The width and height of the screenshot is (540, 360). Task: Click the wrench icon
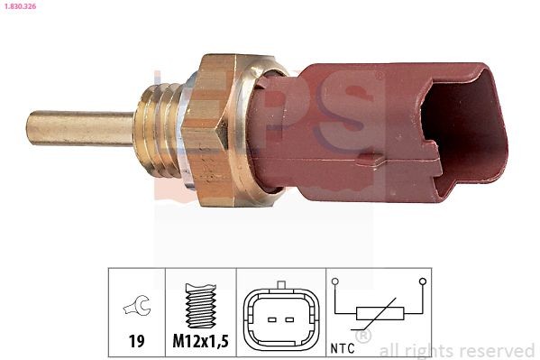coord(136,309)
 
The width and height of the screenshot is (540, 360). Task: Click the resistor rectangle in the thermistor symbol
coord(377,314)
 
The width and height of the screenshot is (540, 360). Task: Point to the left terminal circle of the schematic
coord(335,282)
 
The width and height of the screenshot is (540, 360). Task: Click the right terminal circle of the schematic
coord(419,282)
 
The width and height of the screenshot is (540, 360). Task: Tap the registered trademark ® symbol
coord(362,337)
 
